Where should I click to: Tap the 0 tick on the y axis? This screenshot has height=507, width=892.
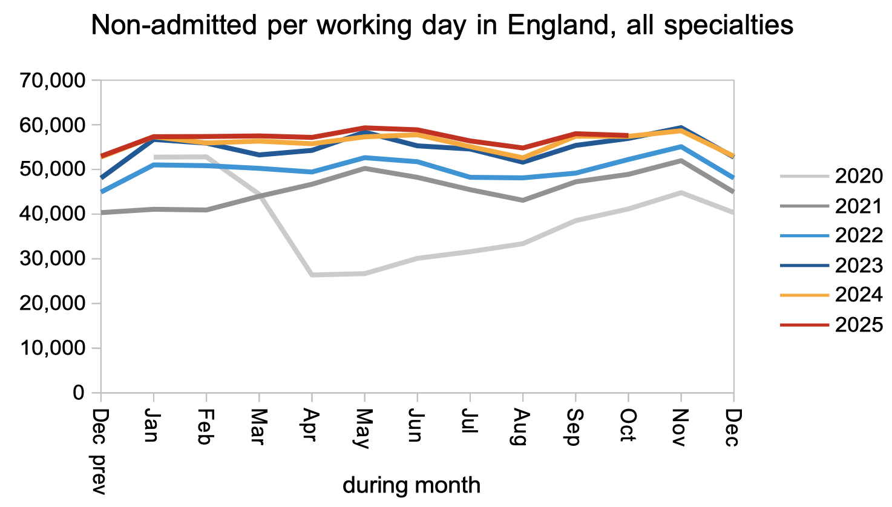(79, 393)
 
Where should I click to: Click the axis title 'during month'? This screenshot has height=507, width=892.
(412, 485)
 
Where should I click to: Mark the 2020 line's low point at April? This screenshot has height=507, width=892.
(312, 275)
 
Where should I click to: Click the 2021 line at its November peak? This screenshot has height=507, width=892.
(681, 161)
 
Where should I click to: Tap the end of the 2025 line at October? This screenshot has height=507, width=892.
(628, 136)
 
